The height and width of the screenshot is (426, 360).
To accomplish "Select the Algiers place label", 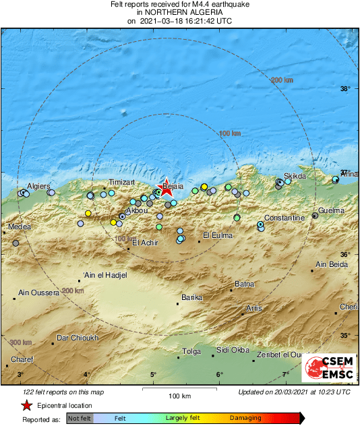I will (38, 186).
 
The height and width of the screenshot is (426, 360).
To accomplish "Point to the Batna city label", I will (244, 284).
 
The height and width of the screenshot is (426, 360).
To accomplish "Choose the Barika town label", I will (192, 297).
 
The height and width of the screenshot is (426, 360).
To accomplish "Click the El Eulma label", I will (218, 235).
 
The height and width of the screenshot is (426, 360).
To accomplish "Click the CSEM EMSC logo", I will (326, 368).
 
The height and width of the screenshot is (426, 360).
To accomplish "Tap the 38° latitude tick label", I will (347, 89).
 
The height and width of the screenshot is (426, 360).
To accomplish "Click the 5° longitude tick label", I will (153, 374).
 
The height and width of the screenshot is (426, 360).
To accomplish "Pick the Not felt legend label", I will (80, 419).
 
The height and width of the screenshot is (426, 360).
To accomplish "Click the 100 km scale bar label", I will (178, 395).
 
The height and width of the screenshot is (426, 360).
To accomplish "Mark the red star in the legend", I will (26, 405).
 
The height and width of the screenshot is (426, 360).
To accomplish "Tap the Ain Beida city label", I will (330, 264).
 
